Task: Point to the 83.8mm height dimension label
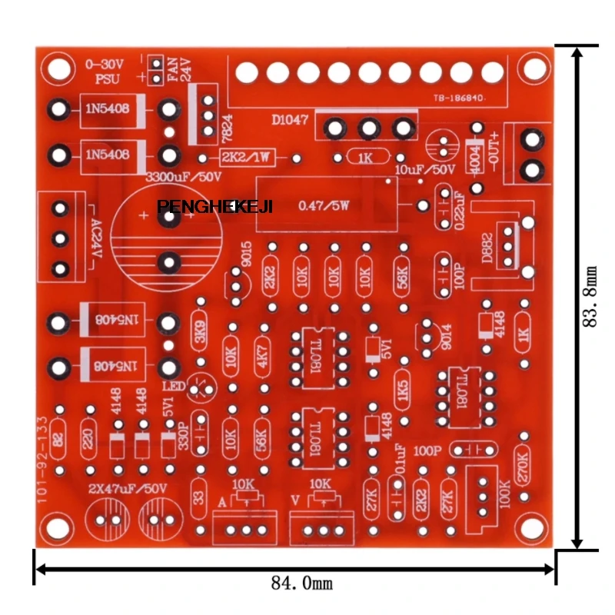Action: click(x=590, y=297)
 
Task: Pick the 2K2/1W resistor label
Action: click(x=248, y=158)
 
